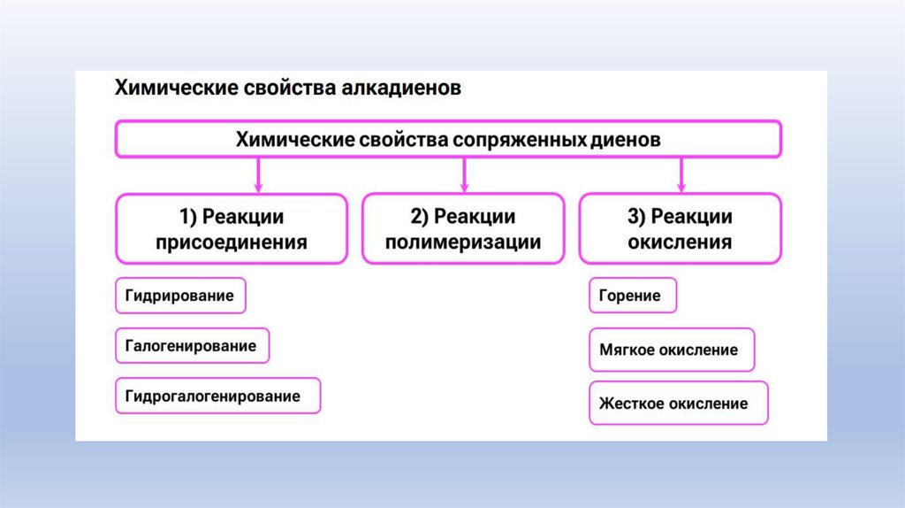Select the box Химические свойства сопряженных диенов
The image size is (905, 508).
tap(448, 140)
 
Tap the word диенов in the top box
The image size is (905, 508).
tap(629, 140)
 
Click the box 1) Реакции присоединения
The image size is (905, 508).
tap(232, 229)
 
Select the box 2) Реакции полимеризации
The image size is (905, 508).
tap(463, 229)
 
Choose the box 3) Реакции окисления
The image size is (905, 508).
tap(680, 229)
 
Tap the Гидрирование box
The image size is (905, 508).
tap(180, 296)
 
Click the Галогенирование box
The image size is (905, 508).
tap(192, 346)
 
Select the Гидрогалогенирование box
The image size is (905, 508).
tap(217, 396)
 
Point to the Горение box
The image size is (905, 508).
tap(632, 296)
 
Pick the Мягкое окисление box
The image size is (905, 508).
tap(670, 350)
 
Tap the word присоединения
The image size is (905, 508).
tap(232, 242)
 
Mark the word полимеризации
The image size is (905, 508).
tap(463, 242)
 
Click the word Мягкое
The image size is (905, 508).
tap(627, 350)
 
